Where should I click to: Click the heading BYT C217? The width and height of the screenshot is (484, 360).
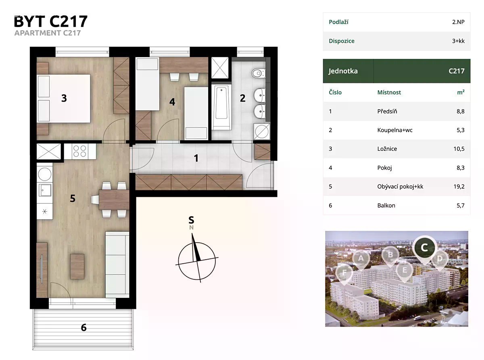[x=51, y=21]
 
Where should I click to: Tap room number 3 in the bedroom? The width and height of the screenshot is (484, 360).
[x=64, y=98]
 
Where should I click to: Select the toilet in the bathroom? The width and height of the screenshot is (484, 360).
[x=259, y=73]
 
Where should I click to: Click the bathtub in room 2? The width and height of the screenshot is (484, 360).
[x=221, y=107]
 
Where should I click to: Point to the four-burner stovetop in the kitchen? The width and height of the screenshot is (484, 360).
[x=79, y=151]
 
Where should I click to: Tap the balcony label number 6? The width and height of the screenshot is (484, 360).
[x=83, y=327]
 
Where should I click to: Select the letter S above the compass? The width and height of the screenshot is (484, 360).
[x=191, y=220]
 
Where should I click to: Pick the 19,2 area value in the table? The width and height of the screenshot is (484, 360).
[x=459, y=187]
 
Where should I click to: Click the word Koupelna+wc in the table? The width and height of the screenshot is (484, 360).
[x=395, y=130]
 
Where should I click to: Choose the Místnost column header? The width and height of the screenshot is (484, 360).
[x=389, y=92]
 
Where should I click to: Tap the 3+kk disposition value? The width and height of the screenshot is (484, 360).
[x=458, y=41]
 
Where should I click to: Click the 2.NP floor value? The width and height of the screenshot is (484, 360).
[x=458, y=22]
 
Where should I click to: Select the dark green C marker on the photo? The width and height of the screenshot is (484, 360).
[x=424, y=248]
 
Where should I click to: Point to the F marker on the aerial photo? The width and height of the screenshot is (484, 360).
[x=344, y=273]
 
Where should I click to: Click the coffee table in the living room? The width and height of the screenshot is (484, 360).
[x=77, y=266]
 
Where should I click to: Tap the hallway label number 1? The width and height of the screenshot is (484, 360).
[x=196, y=158]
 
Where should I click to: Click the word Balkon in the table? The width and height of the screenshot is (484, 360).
[x=386, y=206]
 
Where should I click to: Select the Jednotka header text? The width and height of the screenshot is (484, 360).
[x=343, y=71]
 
